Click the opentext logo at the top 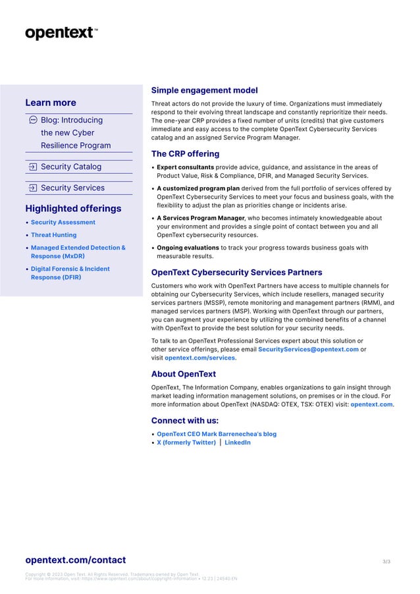tap(61, 33)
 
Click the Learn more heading tap(51, 103)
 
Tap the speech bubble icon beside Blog tap(33, 121)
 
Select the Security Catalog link tap(71, 167)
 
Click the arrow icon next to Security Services tap(33, 188)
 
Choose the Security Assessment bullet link tap(63, 223)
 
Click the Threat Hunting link tap(53, 235)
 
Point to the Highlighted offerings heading tap(73, 209)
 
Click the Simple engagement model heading tap(204, 90)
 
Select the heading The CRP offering tap(185, 154)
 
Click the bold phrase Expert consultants tap(185, 167)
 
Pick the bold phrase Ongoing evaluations tap(188, 248)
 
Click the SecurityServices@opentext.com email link tap(308, 349)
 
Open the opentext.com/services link tap(199, 358)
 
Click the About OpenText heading tap(183, 374)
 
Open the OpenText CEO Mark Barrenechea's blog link tap(217, 434)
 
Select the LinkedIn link tap(237, 443)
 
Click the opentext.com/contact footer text tap(75, 560)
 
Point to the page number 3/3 tap(386, 562)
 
